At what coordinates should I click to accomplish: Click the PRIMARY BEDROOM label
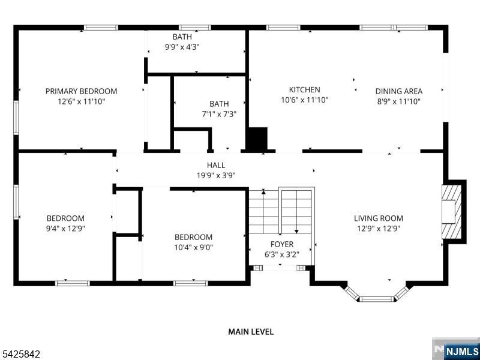pos(81,91)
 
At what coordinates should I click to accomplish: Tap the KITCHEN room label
pos(304,90)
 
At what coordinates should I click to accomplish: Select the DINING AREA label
pos(398,91)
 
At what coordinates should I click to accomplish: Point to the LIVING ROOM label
pos(378,218)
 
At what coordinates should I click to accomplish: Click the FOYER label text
pos(282,244)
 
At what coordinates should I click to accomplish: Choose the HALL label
pos(217,165)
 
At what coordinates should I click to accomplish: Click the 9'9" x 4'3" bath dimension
pos(182,47)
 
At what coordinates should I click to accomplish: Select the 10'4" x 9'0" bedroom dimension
pos(193,247)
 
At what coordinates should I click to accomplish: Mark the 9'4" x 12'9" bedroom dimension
pos(65,229)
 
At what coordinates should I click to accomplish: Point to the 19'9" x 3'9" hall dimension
pos(217,175)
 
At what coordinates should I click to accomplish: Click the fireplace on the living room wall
pos(450,211)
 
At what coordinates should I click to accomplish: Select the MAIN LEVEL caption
pos(251,331)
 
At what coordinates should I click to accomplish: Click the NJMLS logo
pos(456,350)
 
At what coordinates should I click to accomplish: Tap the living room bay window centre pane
pos(377,298)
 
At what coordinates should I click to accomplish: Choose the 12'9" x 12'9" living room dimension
pos(378,229)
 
